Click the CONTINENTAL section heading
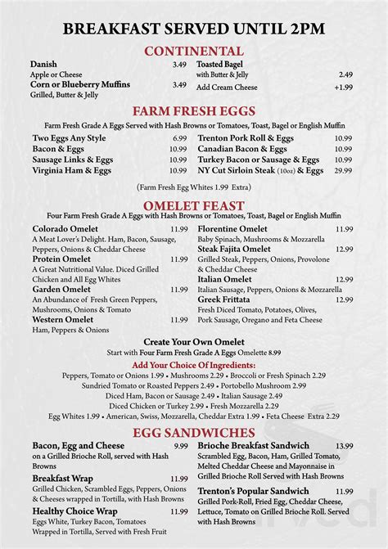click(193, 51)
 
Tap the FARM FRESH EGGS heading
click(193, 111)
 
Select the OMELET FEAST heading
click(193, 204)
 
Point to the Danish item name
click(43, 64)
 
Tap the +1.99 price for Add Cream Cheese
click(343, 88)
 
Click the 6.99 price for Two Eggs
click(179, 139)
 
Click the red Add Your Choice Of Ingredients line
click(193, 364)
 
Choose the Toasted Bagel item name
click(221, 64)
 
